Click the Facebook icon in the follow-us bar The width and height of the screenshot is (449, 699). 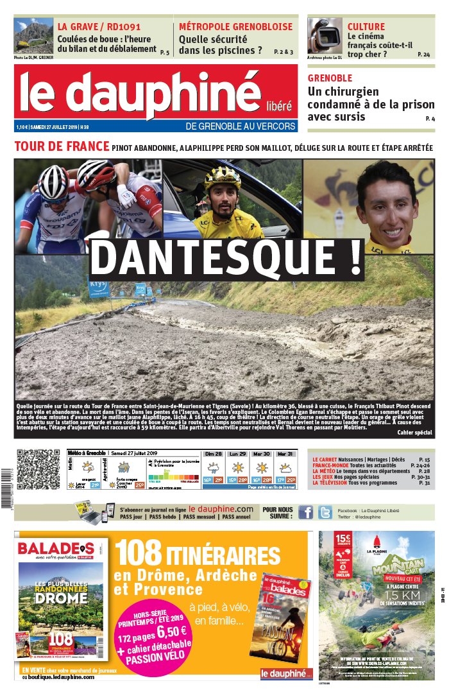pos(306,512)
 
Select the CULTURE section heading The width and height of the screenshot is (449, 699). pos(366,27)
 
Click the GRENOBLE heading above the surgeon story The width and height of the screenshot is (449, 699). pos(330,78)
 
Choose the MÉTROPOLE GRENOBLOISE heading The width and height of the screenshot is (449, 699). pos(235,27)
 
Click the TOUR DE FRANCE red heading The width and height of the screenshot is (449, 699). pos(61,147)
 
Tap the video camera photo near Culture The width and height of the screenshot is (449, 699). pos(325,35)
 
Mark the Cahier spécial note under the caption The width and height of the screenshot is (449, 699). pos(414,433)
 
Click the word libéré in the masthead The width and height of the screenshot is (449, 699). pos(278,105)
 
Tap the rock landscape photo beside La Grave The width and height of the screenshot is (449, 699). pos(33,36)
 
